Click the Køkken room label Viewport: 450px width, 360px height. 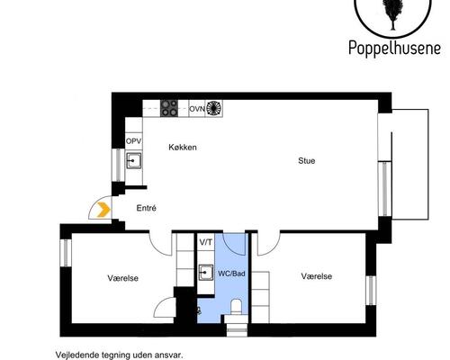tap(183, 148)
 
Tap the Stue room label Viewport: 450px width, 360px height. tap(307, 161)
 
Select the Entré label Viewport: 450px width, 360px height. tap(146, 208)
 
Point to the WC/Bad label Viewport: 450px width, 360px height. tap(231, 274)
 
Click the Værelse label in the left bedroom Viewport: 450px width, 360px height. tap(123, 278)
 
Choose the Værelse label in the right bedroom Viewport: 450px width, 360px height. tap(317, 276)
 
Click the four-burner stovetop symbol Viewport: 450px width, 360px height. tap(169, 108)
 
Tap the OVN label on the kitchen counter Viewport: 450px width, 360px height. tap(197, 109)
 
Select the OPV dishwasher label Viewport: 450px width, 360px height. tap(133, 141)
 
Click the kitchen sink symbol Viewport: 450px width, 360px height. tap(133, 160)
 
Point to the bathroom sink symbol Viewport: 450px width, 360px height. tap(205, 273)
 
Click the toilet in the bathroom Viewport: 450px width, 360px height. tap(237, 306)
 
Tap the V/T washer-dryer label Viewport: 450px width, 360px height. tap(206, 242)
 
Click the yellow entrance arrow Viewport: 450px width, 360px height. tap(103, 210)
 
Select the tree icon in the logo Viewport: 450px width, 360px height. tap(392, 13)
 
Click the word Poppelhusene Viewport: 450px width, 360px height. tap(394, 48)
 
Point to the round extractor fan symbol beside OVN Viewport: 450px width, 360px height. tap(214, 108)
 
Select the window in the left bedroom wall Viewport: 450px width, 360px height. tap(66, 253)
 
